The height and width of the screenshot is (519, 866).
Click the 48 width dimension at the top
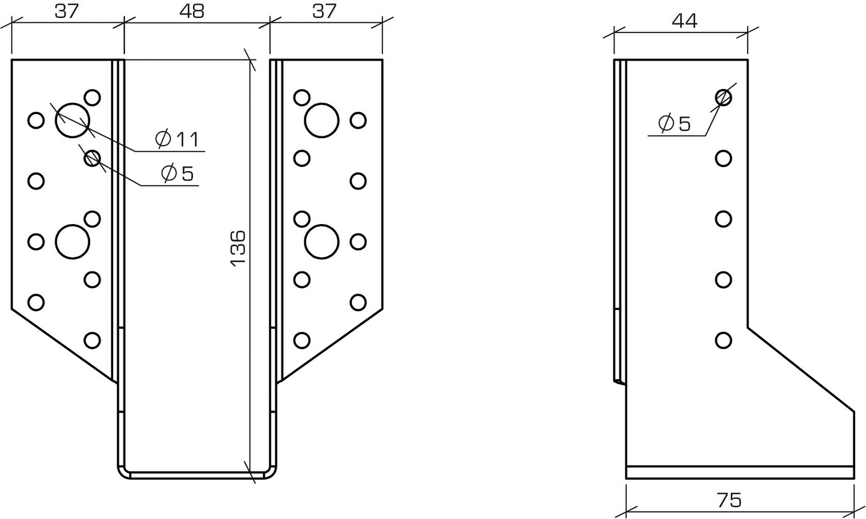click(x=192, y=11)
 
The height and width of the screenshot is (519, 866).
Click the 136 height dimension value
click(x=238, y=247)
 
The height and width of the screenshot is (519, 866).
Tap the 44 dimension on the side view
click(x=684, y=21)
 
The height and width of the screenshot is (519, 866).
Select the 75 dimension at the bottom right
click(x=729, y=500)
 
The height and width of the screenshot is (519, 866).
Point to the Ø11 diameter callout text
click(x=177, y=139)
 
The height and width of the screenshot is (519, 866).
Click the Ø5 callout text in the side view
click(x=674, y=124)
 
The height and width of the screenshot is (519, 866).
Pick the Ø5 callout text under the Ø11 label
click(x=177, y=174)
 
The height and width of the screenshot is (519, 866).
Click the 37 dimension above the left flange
click(x=67, y=11)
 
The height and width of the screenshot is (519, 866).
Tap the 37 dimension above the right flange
click(x=324, y=11)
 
